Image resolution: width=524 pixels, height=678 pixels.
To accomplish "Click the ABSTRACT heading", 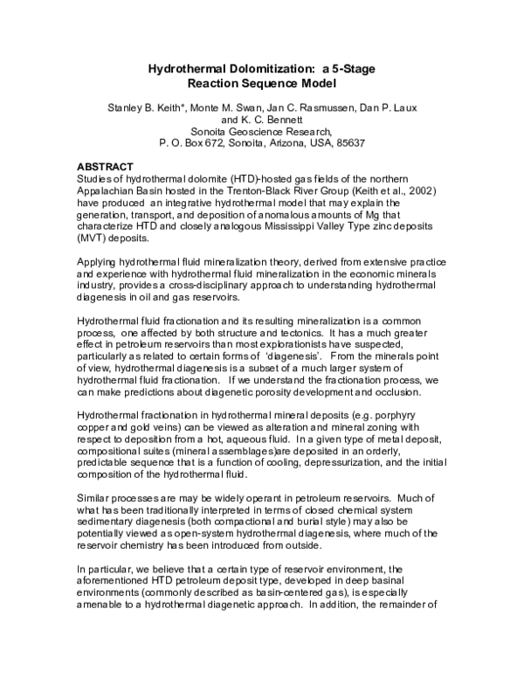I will tap(106, 166).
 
